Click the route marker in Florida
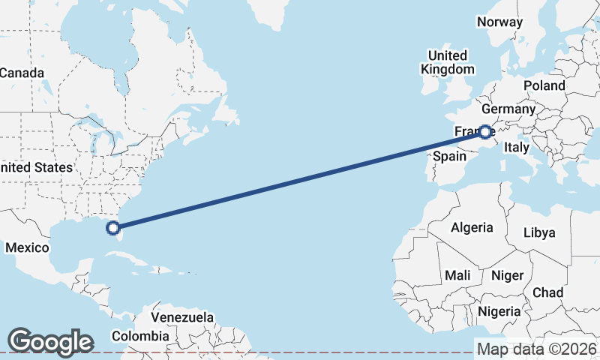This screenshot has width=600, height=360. [x=114, y=227]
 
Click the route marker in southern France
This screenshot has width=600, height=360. [x=485, y=132]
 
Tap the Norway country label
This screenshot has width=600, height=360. [x=499, y=22]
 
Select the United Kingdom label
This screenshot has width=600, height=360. [x=447, y=62]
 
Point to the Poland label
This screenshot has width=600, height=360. [x=544, y=85]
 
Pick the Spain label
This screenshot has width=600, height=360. [x=450, y=157]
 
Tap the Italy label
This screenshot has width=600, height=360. [x=516, y=147]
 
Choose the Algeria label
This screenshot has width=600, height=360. [x=472, y=227]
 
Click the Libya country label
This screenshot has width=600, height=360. [x=539, y=232]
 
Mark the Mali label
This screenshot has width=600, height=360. [x=457, y=275]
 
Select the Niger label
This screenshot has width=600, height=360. [x=507, y=275]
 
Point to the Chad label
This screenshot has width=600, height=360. [x=547, y=292]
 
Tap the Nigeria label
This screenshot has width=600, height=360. [x=499, y=310]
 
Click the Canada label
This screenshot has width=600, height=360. [x=22, y=73]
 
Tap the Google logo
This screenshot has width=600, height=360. [x=50, y=341]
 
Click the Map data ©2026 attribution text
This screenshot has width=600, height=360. [x=537, y=349]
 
